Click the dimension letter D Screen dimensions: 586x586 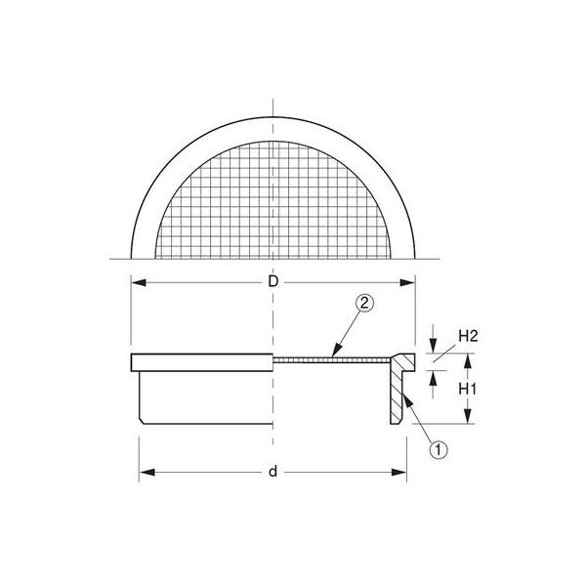[x=273, y=282]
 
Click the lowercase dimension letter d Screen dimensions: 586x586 [x=273, y=472]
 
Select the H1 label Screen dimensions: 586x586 [x=468, y=390]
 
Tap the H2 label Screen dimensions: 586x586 [x=468, y=336]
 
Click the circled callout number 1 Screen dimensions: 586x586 [x=439, y=450]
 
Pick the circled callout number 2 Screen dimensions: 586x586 [x=364, y=303]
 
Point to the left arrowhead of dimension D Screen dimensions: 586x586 [x=139, y=282]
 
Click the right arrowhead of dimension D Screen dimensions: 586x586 [x=407, y=282]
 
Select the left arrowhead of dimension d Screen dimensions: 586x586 [x=146, y=473]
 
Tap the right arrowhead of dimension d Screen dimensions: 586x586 [x=398, y=473]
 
